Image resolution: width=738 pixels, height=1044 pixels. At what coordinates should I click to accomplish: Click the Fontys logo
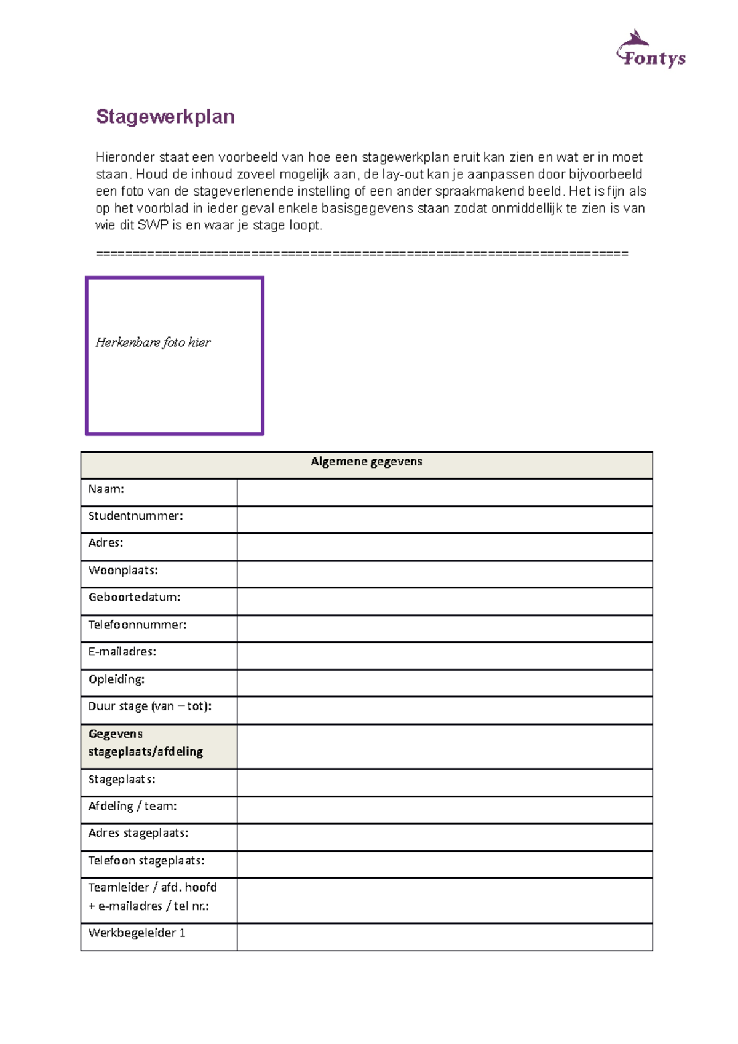pyautogui.click(x=651, y=50)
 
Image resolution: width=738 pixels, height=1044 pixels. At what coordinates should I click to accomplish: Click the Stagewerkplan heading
pyautogui.click(x=165, y=116)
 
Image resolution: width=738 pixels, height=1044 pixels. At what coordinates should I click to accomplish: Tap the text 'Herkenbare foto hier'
pyautogui.click(x=153, y=342)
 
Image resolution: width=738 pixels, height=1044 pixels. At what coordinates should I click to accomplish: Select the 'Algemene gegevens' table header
pyautogui.click(x=366, y=462)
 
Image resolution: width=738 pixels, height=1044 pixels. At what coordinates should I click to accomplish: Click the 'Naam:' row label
pyautogui.click(x=106, y=489)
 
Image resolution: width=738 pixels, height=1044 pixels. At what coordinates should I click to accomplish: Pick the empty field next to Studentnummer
pyautogui.click(x=444, y=520)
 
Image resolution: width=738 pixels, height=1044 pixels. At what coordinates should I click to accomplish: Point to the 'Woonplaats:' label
pyautogui.click(x=123, y=571)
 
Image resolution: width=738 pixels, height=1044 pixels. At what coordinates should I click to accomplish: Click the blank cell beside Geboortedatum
pyautogui.click(x=444, y=601)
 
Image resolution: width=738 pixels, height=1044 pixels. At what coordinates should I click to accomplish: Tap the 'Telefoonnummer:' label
pyautogui.click(x=137, y=625)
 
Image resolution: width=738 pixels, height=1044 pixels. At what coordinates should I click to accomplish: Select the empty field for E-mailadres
pyautogui.click(x=444, y=655)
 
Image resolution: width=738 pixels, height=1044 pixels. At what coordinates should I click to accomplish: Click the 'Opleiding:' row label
pyautogui.click(x=116, y=679)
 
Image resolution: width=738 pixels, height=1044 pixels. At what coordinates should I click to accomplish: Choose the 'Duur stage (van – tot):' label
pyautogui.click(x=149, y=706)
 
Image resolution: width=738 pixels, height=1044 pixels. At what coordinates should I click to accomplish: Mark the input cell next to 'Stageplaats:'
pyautogui.click(x=444, y=783)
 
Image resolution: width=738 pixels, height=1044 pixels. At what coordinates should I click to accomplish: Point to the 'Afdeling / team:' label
pyautogui.click(x=132, y=806)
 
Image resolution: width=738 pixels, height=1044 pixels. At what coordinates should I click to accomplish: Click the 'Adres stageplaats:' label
pyautogui.click(x=138, y=833)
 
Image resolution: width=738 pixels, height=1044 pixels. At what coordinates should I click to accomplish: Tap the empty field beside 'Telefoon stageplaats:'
pyautogui.click(x=444, y=864)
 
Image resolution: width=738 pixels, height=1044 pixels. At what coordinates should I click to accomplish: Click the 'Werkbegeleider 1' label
pyautogui.click(x=137, y=933)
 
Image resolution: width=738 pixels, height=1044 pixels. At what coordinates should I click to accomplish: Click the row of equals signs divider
pyautogui.click(x=362, y=253)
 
